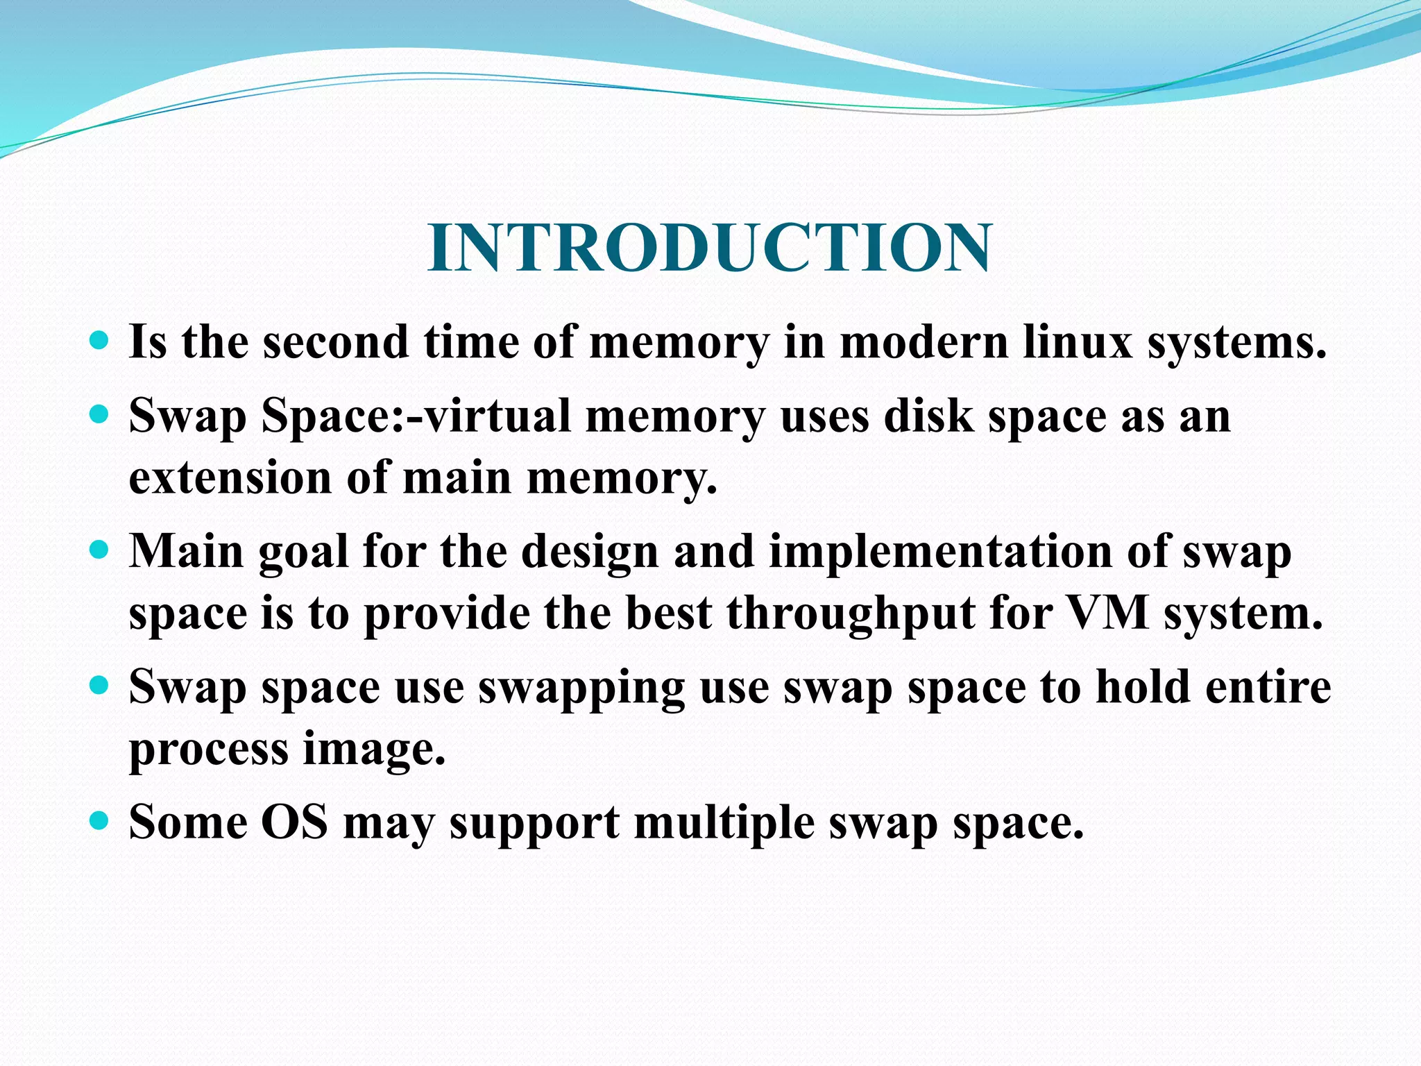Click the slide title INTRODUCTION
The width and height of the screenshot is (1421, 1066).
[x=709, y=248]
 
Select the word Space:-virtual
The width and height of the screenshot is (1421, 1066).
[x=416, y=416]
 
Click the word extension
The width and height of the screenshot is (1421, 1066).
[x=230, y=478]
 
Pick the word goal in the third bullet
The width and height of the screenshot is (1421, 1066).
[x=303, y=552]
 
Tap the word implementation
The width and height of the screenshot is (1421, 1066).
[x=939, y=552]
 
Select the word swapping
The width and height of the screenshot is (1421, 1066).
[x=581, y=688]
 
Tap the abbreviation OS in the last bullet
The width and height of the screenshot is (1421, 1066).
[x=294, y=822]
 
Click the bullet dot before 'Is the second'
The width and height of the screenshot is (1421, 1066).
[x=100, y=341]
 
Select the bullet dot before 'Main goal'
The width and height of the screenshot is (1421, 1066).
[x=100, y=551]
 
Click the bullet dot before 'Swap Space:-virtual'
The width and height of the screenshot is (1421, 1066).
[x=100, y=415]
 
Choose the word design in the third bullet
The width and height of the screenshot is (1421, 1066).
[x=589, y=552]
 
